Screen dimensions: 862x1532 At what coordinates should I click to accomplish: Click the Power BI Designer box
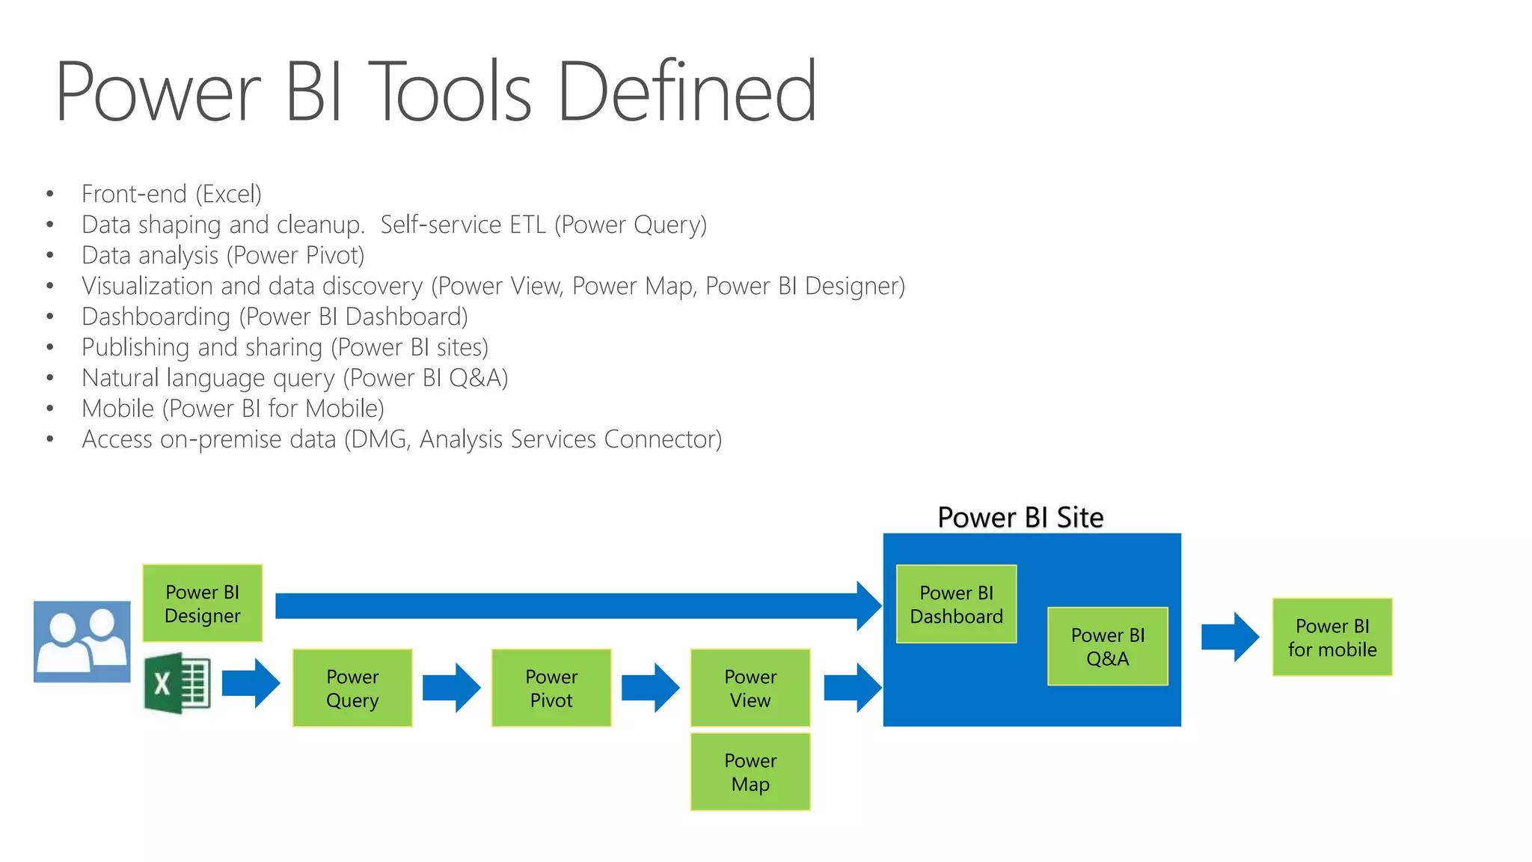(x=202, y=603)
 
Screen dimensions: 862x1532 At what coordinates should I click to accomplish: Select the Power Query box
(x=352, y=688)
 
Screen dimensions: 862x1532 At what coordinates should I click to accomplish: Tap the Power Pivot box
(x=551, y=688)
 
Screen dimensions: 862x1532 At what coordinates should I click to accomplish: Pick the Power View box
(x=750, y=688)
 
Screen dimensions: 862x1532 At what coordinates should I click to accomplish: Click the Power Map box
(x=750, y=771)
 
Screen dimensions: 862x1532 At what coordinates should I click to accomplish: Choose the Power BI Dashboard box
(x=956, y=604)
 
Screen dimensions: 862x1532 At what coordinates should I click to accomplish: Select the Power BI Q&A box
(x=1107, y=646)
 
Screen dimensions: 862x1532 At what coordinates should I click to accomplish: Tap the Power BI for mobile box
(x=1332, y=638)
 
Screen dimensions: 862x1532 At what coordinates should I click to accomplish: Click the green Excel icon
(x=177, y=683)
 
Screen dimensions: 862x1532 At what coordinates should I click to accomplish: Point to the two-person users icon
(x=82, y=641)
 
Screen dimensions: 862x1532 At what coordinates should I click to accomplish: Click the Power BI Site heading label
(x=1020, y=517)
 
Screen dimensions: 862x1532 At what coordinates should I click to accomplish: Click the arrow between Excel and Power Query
(x=251, y=683)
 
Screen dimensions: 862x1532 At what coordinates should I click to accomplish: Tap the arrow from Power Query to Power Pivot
(x=451, y=687)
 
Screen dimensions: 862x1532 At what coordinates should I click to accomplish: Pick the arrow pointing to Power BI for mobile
(x=1230, y=637)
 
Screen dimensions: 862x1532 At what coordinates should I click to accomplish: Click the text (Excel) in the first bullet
(x=228, y=194)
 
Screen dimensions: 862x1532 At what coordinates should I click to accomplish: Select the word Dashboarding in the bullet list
(x=156, y=317)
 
